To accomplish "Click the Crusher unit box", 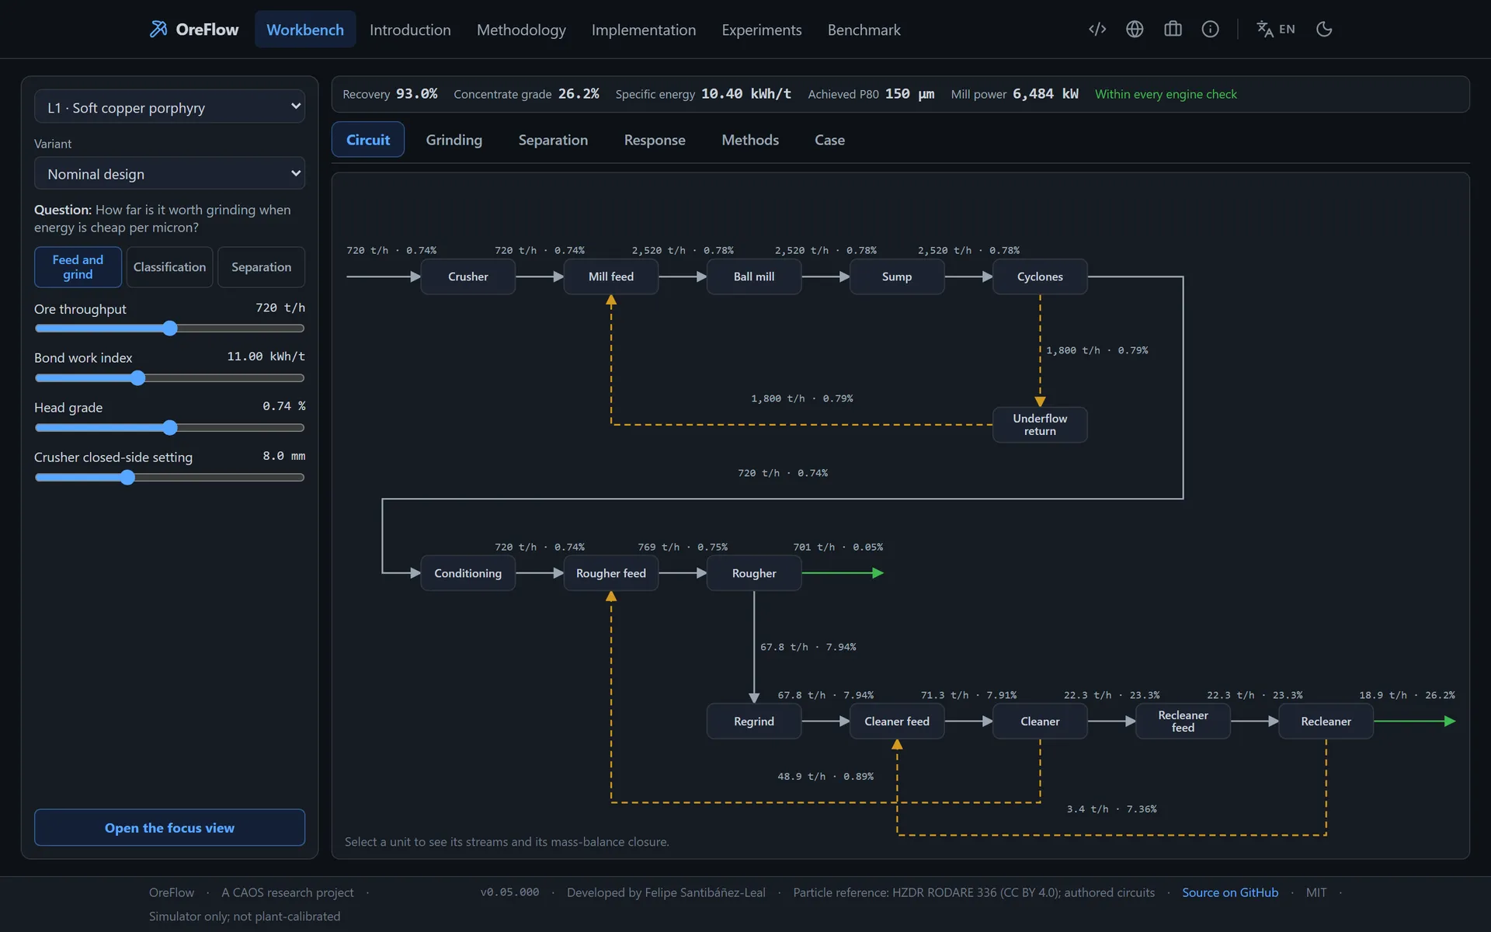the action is tap(467, 276).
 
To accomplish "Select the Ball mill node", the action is tap(753, 276).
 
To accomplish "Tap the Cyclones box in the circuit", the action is tap(1040, 276).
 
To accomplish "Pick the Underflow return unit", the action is tap(1040, 425).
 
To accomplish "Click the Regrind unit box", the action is tap(753, 722).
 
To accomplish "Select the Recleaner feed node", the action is tap(1183, 722).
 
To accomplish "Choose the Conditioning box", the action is tap(467, 573).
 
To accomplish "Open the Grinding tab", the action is tap(454, 140).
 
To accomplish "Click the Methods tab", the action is tap(749, 140).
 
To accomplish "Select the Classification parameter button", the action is tap(169, 267).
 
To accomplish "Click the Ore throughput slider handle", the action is tap(170, 329).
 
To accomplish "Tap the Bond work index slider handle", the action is tap(137, 378).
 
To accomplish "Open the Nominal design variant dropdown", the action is tap(169, 174).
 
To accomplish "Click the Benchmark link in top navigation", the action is tap(864, 30).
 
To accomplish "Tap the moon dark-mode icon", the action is tap(1324, 30).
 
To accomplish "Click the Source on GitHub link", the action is tap(1230, 892).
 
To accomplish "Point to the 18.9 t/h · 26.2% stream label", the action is tap(1407, 695).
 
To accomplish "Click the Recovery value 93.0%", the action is tap(417, 94).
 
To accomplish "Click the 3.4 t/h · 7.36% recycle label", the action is tap(1111, 809).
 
